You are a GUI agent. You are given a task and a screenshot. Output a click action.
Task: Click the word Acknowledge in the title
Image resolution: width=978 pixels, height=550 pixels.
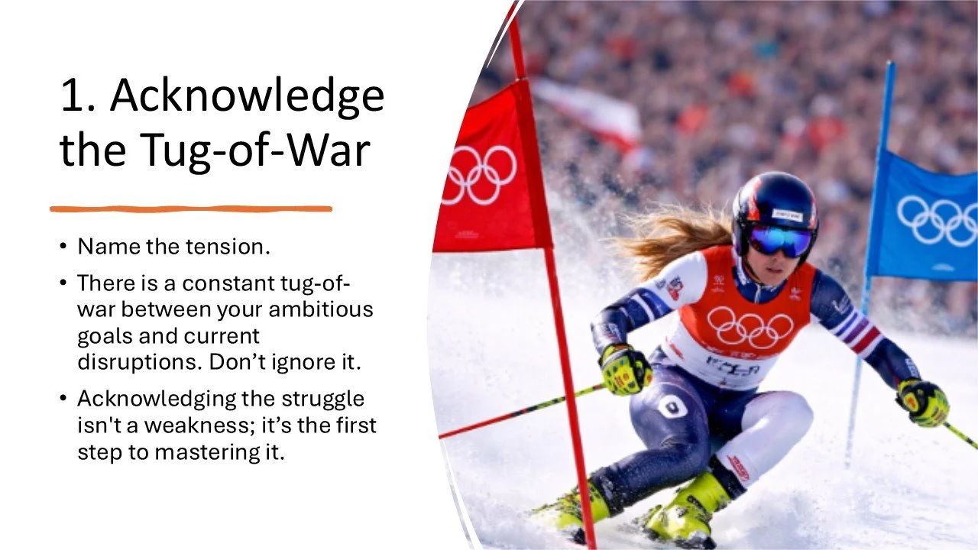pos(247,97)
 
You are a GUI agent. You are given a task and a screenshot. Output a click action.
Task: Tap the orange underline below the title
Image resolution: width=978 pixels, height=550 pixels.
pos(191,209)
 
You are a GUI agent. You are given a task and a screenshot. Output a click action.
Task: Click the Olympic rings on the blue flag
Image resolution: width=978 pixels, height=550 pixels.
pos(937,221)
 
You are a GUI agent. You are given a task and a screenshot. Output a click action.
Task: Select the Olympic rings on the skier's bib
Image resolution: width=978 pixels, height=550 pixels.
pos(749,327)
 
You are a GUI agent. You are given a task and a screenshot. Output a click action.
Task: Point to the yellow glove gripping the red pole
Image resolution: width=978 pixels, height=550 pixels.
pos(625,369)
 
